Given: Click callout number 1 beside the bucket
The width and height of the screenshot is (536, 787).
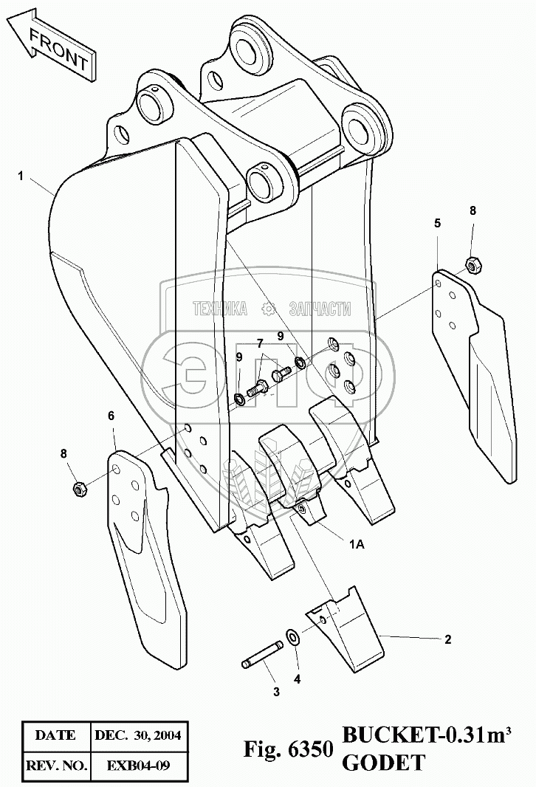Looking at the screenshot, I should (21, 176).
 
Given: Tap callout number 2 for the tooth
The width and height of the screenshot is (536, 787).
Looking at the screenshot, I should (447, 640).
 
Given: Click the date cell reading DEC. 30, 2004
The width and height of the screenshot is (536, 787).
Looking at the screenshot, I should (138, 735).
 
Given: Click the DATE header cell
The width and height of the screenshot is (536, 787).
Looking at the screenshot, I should (55, 735).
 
